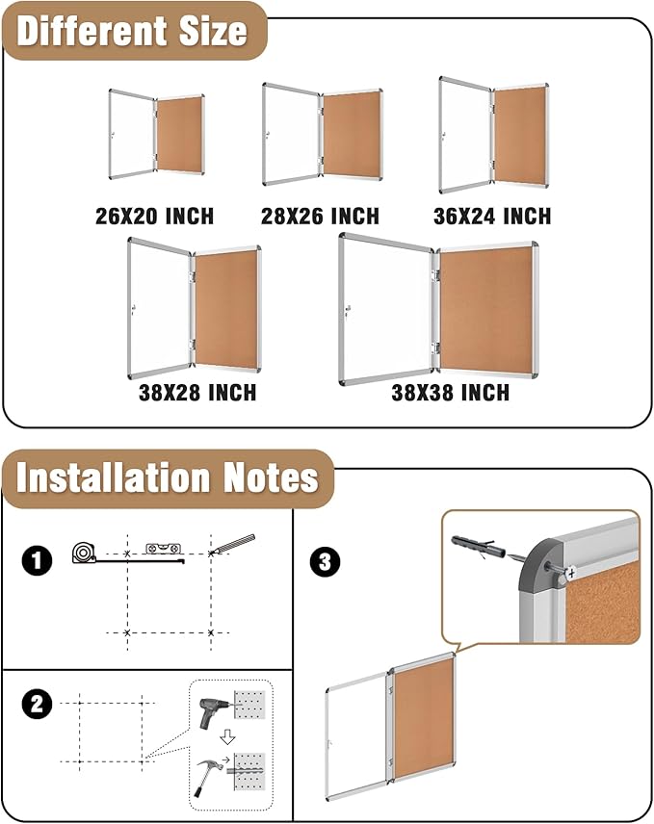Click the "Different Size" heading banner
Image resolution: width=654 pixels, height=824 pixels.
(x=132, y=31)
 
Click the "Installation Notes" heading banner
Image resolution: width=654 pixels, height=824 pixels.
(x=167, y=478)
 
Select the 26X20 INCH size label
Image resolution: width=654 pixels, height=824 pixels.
(x=154, y=216)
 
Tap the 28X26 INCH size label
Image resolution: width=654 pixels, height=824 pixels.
(x=320, y=216)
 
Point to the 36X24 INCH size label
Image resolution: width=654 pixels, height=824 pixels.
(x=492, y=216)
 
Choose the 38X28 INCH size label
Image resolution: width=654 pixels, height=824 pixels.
(x=196, y=393)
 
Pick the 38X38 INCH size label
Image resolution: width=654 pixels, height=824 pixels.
(x=450, y=393)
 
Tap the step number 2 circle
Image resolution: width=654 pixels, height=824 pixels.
(x=37, y=705)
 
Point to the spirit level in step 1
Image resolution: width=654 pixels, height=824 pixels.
(x=161, y=548)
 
